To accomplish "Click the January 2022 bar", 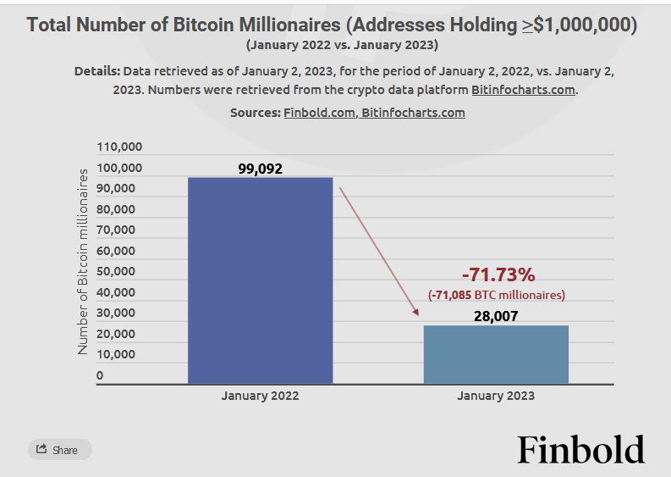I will point(260,280).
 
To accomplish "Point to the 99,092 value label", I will point(260,169).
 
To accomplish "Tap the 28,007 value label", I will point(495,316).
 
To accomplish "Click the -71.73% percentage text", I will point(498,275).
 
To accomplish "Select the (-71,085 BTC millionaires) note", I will point(497,295).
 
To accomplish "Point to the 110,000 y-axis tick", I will point(120,147).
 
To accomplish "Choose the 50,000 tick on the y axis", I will point(116,272).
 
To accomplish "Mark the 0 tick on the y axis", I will point(100,375).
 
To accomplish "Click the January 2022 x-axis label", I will point(260,396).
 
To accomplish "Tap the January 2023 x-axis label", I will point(496,396).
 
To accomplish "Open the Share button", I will point(59,450).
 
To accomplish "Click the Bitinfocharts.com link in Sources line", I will point(413,112).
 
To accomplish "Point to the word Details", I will point(96,71).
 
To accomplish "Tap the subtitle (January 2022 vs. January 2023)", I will point(335,44).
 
